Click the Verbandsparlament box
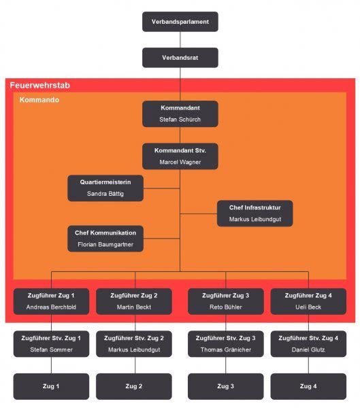[180, 22]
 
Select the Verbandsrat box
[180, 58]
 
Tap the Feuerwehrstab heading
[40, 86]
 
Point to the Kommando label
[39, 100]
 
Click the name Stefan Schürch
[180, 120]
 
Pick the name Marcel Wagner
[180, 162]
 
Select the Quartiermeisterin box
[105, 188]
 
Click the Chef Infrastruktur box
[255, 214]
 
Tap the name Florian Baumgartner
[105, 245]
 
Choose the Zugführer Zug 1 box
[51, 301]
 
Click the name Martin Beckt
[134, 307]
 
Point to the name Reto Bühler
[225, 307]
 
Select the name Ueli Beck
[308, 307]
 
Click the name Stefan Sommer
[51, 350]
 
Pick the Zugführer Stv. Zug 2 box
[134, 343]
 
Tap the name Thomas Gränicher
[225, 350]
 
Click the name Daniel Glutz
[308, 350]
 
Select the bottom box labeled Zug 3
[225, 386]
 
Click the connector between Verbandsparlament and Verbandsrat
[180, 39]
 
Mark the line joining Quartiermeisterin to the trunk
[161, 188]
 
